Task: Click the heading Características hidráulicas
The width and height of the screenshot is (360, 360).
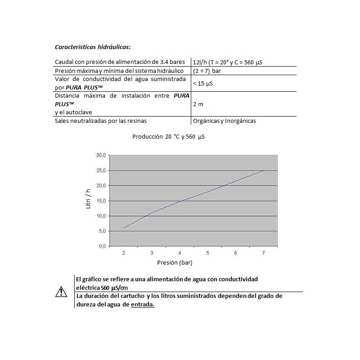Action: pyautogui.click(x=93, y=47)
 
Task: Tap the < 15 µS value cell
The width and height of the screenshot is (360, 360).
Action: pyautogui.click(x=203, y=84)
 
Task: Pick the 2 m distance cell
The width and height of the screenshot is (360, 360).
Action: pyautogui.click(x=198, y=104)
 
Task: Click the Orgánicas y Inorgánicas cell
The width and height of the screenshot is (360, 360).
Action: pyautogui.click(x=224, y=121)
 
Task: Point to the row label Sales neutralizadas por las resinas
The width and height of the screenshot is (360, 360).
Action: pyautogui.click(x=101, y=121)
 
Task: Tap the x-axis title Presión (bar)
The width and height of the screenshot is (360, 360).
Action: pyautogui.click(x=177, y=262)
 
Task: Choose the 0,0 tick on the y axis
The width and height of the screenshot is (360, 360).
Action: pyautogui.click(x=102, y=246)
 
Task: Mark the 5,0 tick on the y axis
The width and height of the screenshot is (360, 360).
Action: pyautogui.click(x=102, y=231)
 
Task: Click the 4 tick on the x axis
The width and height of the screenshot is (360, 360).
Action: pyautogui.click(x=180, y=253)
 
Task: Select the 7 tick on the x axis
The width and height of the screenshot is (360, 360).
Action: pyautogui.click(x=263, y=253)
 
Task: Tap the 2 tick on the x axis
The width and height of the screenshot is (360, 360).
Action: pyautogui.click(x=124, y=253)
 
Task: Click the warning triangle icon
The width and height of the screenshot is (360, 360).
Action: pyautogui.click(x=61, y=292)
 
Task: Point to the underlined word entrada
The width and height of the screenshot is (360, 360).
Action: pyautogui.click(x=143, y=304)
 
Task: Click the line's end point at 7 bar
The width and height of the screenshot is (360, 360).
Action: pyautogui.click(x=263, y=171)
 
